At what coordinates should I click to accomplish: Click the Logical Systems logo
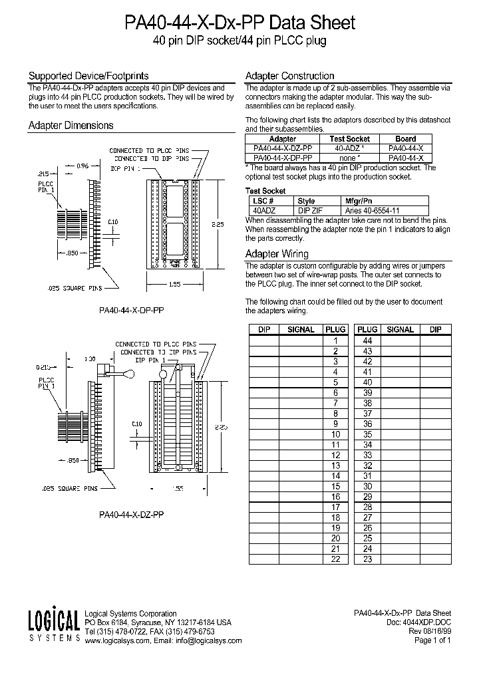click(x=54, y=626)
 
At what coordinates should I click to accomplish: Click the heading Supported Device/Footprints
click(x=88, y=76)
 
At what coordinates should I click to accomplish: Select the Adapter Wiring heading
click(x=277, y=253)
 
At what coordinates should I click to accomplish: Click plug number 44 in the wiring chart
click(x=367, y=340)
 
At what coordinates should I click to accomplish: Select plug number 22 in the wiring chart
click(x=335, y=559)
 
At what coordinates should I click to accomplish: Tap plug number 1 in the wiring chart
click(x=335, y=340)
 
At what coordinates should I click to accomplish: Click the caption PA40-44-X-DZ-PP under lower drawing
click(x=131, y=514)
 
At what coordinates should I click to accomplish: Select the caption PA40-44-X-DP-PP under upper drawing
click(x=131, y=309)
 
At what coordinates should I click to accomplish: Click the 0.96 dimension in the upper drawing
click(x=82, y=165)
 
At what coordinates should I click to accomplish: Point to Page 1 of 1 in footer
click(x=432, y=641)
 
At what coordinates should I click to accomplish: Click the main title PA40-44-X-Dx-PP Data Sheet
click(x=240, y=23)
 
